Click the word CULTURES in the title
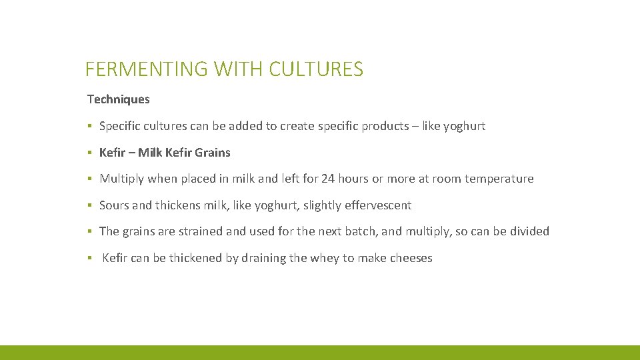click(316, 69)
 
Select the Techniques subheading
click(119, 99)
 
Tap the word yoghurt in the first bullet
click(464, 126)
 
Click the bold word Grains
click(213, 153)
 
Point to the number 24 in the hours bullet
click(327, 179)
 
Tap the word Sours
click(114, 205)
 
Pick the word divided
click(529, 231)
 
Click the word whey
click(325, 258)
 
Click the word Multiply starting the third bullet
click(122, 179)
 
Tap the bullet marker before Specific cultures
click(89, 126)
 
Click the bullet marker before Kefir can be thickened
click(89, 258)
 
